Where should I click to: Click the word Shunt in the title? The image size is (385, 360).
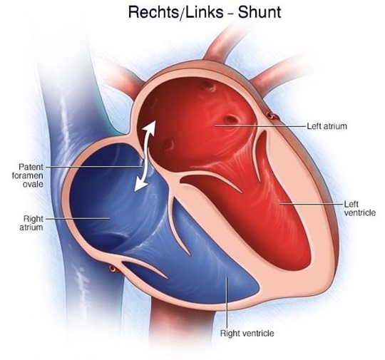[x=260, y=12]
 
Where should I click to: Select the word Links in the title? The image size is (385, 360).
[x=205, y=12]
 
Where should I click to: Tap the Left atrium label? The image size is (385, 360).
[x=327, y=126]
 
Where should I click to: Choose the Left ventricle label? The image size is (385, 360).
[x=360, y=208]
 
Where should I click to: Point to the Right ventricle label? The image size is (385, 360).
[x=247, y=333]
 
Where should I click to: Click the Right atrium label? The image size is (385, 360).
[x=31, y=222]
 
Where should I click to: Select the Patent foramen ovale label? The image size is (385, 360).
[x=28, y=175]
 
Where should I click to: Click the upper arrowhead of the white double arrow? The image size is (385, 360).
[x=150, y=128]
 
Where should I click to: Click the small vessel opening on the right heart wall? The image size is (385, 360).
[x=270, y=115]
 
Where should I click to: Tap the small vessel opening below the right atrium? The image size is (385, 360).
[x=113, y=269]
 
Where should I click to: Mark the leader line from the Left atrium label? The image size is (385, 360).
[x=261, y=126]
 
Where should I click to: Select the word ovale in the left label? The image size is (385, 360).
[x=33, y=184]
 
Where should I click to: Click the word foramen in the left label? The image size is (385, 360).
[x=28, y=175]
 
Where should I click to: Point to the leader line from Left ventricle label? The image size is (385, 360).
[x=312, y=204]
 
